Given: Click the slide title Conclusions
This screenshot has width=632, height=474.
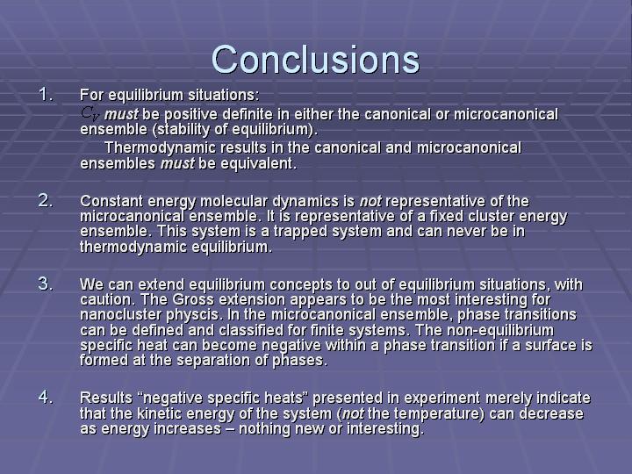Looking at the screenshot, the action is click(x=315, y=60).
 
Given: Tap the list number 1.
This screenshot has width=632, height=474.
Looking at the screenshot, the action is click(x=46, y=95).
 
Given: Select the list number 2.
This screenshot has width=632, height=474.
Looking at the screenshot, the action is click(x=46, y=200).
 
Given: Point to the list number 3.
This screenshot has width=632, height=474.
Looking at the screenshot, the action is click(x=46, y=284).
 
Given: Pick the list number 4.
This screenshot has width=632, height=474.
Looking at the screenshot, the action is click(x=46, y=397).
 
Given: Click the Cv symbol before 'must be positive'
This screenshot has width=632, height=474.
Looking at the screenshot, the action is click(x=90, y=113).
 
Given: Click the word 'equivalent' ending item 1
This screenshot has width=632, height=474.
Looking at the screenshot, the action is click(x=256, y=163).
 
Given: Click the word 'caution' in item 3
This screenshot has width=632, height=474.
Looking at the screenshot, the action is click(x=108, y=300).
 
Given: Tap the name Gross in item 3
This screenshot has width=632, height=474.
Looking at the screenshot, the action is click(x=193, y=300).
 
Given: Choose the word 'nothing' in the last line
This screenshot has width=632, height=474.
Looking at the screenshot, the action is click(x=265, y=429).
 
